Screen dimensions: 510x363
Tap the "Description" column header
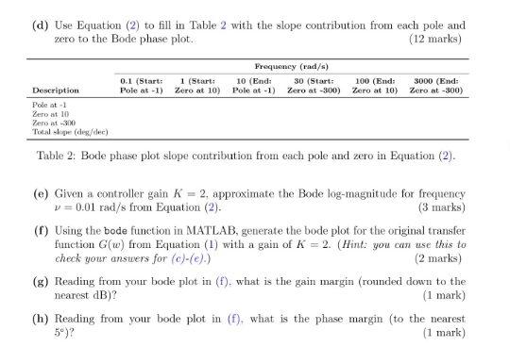pyautogui.click(x=52, y=91)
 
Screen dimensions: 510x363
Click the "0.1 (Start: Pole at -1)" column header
pyautogui.click(x=141, y=86)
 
